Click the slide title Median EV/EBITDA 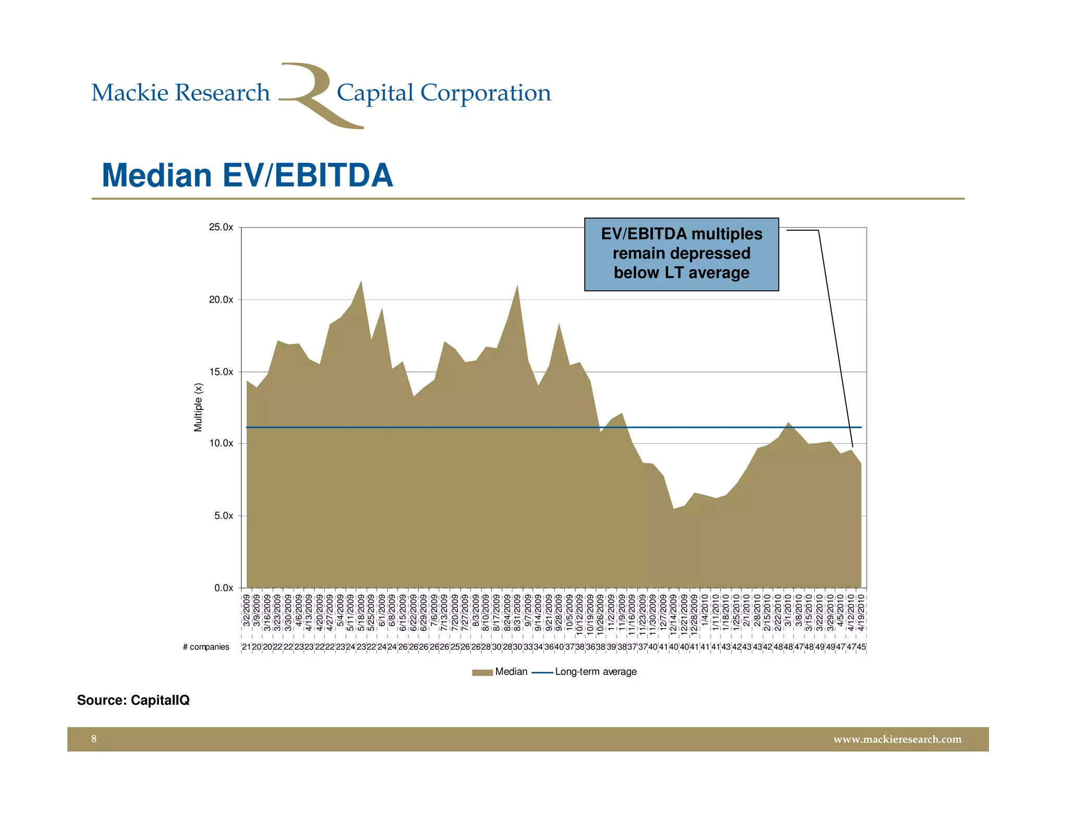coord(247,175)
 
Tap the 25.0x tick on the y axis coord(221,228)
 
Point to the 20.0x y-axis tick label coord(221,300)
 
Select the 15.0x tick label coord(221,372)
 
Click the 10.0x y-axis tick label coord(221,444)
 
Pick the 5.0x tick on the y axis coord(223,516)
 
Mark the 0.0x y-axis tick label coord(223,588)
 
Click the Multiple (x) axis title coord(198,407)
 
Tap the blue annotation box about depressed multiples coord(681,254)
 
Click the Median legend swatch coord(482,672)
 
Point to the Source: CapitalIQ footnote coord(133,700)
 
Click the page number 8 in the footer coord(94,739)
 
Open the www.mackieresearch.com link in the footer coord(897,739)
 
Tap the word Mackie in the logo coord(130,93)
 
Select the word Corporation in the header coord(485,93)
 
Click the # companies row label coord(206,647)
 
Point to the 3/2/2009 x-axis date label coord(246,613)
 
